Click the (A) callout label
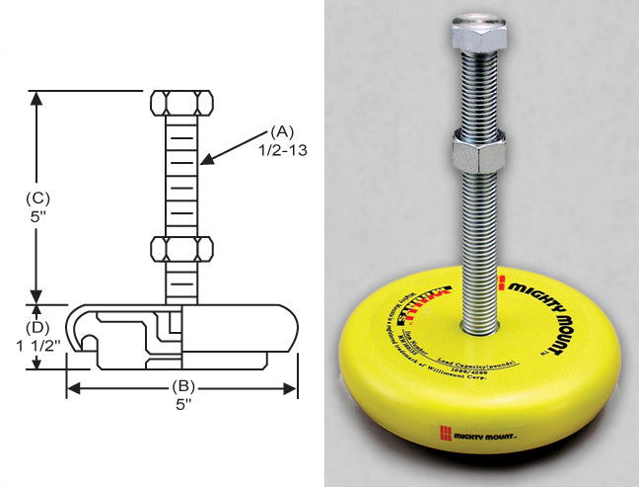(x=282, y=130)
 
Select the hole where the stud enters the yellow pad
(x=480, y=325)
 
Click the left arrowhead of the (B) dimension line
(x=70, y=388)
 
